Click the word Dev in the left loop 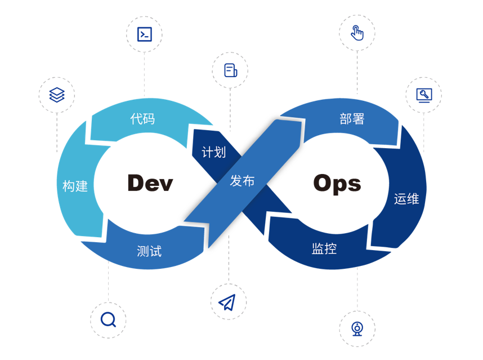pos(150,183)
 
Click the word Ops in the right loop pos(337,184)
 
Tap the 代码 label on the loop pos(142,119)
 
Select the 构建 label pos(75,186)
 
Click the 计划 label pos(213,152)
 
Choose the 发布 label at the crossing pos(242,181)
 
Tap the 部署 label pos(352,119)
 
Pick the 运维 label pos(406,198)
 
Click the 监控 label pos(324,248)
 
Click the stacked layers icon pos(57,95)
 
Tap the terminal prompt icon pos(145,34)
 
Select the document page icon pos(230,70)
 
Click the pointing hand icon pos(357,33)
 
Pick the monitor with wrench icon pos(424,95)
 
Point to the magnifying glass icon pos(108,320)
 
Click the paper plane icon pos(227,302)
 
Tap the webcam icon pos(357,328)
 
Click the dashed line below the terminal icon pos(145,73)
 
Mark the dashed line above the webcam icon pos(357,287)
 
